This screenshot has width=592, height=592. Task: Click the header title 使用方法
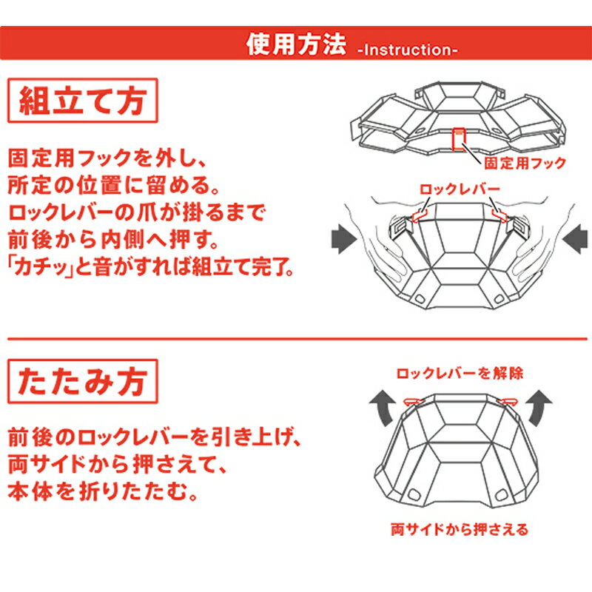click(x=296, y=44)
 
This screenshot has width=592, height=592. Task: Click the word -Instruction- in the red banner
click(x=408, y=50)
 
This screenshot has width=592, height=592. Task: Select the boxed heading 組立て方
click(x=83, y=101)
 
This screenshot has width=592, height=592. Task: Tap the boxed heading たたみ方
click(x=83, y=381)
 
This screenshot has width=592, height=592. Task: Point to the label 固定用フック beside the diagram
click(x=525, y=163)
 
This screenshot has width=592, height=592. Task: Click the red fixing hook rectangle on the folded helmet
click(x=459, y=139)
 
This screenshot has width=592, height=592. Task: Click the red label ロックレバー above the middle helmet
click(x=460, y=189)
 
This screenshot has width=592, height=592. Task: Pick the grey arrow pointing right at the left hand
click(x=343, y=239)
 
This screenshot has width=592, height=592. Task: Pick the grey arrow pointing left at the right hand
click(x=575, y=239)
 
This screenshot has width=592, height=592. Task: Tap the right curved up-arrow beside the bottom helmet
click(x=539, y=408)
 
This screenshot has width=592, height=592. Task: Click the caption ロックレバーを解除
click(x=460, y=374)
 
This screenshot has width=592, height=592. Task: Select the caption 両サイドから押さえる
click(x=460, y=529)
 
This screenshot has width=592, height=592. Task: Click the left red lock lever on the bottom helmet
click(x=413, y=401)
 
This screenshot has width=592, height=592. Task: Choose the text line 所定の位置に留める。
click(x=113, y=185)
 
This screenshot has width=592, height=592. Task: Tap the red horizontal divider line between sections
click(x=297, y=339)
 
